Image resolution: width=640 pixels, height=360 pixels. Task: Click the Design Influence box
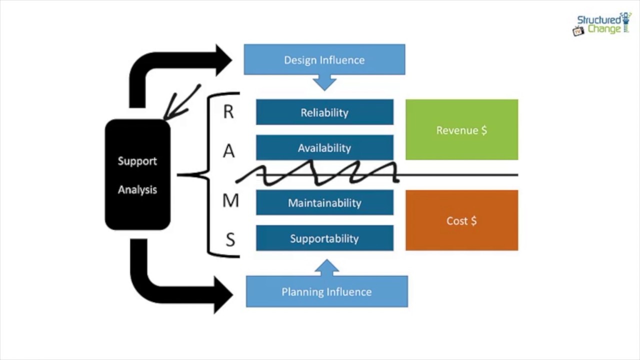(324, 59)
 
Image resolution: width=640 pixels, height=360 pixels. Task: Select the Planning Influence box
(326, 291)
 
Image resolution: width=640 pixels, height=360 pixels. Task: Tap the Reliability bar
(324, 112)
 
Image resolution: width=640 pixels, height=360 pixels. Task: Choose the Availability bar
(324, 147)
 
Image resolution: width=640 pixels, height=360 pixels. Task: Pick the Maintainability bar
(324, 203)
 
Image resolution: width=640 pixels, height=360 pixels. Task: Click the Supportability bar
(324, 238)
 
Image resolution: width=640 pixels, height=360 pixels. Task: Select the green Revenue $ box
(461, 130)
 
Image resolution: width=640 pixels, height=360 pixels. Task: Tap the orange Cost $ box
(461, 220)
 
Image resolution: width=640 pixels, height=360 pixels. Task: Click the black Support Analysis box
(137, 175)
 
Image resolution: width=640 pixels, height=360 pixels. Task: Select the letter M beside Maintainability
(230, 201)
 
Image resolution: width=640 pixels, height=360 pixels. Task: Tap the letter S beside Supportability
(230, 240)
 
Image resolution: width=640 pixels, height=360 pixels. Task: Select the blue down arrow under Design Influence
(325, 82)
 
